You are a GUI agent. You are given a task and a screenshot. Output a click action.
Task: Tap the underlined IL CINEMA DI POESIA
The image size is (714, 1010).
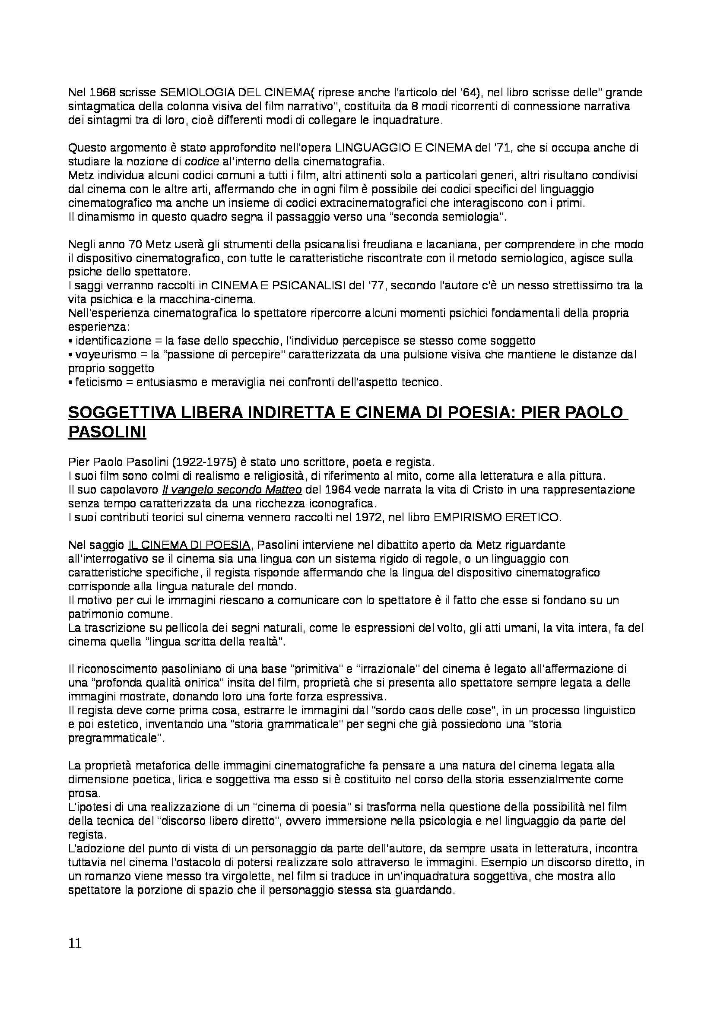[x=190, y=545]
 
